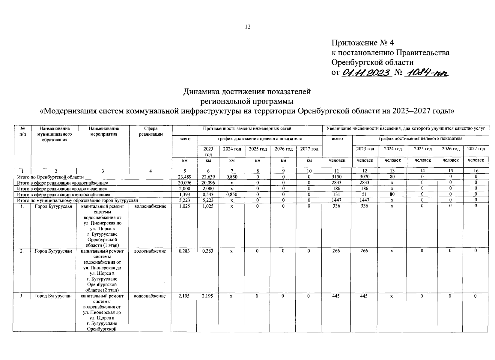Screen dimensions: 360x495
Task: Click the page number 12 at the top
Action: (x=248, y=27)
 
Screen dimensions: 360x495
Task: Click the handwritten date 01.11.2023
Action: (x=367, y=73)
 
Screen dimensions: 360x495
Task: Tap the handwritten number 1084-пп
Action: (x=426, y=73)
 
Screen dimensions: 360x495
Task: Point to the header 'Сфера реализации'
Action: (x=151, y=131)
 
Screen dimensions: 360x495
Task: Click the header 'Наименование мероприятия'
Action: (x=104, y=131)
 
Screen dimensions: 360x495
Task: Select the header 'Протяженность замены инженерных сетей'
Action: (x=247, y=129)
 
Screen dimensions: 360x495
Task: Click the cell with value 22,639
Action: (x=208, y=177)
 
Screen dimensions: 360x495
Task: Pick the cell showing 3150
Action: (x=337, y=177)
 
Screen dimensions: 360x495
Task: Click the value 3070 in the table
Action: (x=364, y=177)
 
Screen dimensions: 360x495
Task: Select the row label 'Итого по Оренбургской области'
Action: (x=50, y=177)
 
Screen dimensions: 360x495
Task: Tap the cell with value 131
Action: (x=337, y=194)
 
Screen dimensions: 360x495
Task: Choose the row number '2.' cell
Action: (x=22, y=251)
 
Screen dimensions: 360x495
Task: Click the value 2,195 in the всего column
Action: (x=184, y=296)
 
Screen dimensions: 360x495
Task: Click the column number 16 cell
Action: (x=476, y=171)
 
